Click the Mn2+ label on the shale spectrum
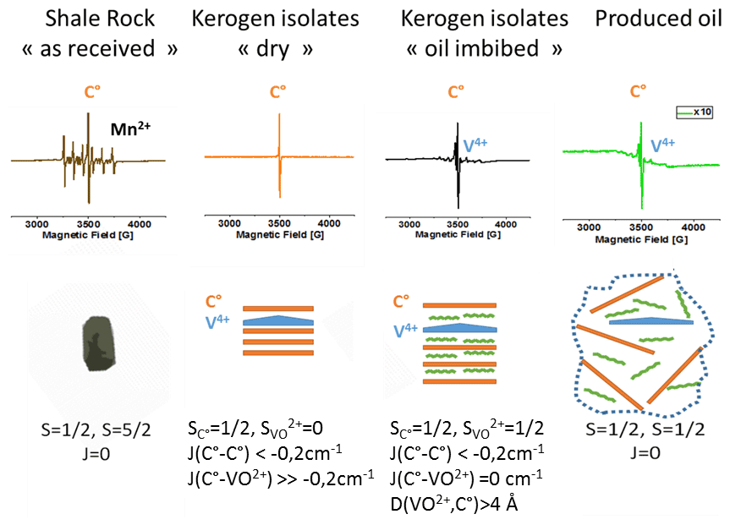[130, 129]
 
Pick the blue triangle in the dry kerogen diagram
[278, 320]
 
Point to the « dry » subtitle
[276, 49]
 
